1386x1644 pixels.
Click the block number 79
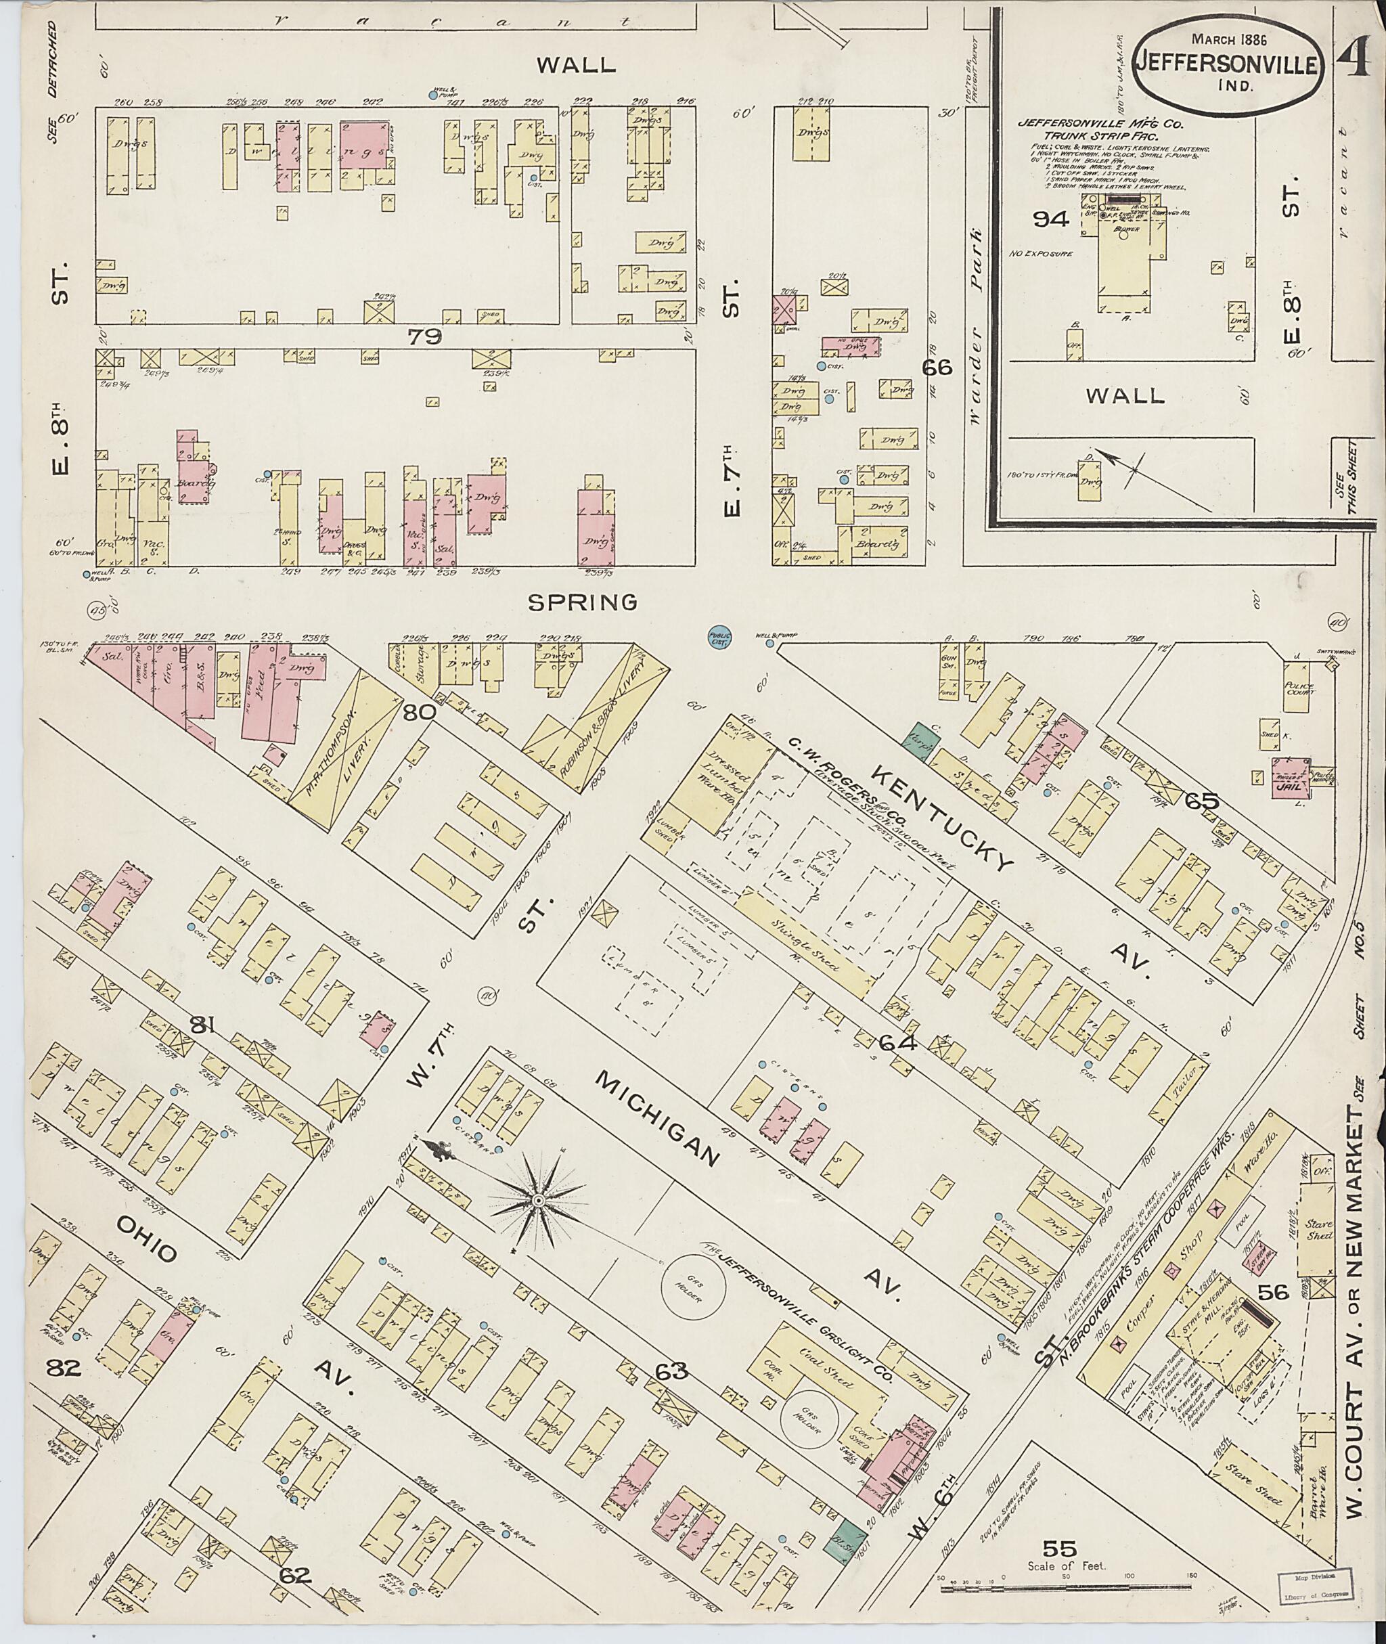[x=424, y=337]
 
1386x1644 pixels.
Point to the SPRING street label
[x=582, y=603]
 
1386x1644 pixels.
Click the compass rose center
[x=538, y=1201]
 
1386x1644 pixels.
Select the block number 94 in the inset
[x=1050, y=220]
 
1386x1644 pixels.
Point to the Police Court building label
[x=1300, y=688]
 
